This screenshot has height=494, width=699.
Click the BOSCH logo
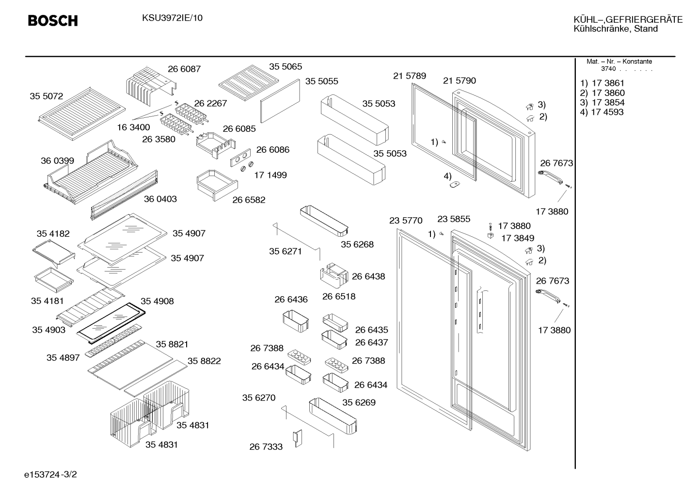pyautogui.click(x=53, y=20)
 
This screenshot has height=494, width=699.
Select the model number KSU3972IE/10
pyautogui.click(x=172, y=18)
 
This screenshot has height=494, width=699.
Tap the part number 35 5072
pyautogui.click(x=47, y=96)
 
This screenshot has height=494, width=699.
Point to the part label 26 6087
pyautogui.click(x=184, y=69)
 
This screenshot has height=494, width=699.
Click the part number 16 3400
pyautogui.click(x=134, y=127)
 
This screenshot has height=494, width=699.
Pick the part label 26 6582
pyautogui.click(x=249, y=200)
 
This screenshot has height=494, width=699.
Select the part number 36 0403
pyautogui.click(x=160, y=199)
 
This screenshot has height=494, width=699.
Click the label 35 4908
pyautogui.click(x=157, y=301)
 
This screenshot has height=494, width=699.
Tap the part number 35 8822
pyautogui.click(x=204, y=361)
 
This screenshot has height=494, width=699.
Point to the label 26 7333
pyautogui.click(x=266, y=447)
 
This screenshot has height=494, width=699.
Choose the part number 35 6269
pyautogui.click(x=359, y=402)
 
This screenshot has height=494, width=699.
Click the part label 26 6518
pyautogui.click(x=339, y=297)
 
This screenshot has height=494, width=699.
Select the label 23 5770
pyautogui.click(x=406, y=221)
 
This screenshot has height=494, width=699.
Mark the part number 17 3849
pyautogui.click(x=518, y=238)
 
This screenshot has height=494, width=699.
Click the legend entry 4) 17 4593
pyautogui.click(x=602, y=112)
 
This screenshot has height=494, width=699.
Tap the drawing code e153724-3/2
pyautogui.click(x=50, y=475)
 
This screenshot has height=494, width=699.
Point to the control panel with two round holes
pyautogui.click(x=240, y=158)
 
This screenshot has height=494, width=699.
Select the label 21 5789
pyautogui.click(x=410, y=76)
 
